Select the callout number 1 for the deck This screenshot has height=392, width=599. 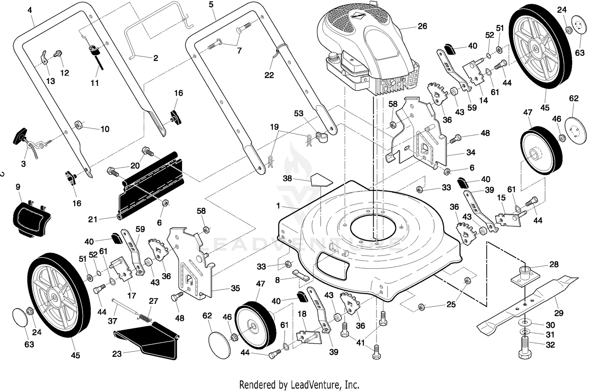[x=278, y=206]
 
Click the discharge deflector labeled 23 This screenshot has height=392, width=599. [x=147, y=341]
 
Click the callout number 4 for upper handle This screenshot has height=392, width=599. [x=30, y=10]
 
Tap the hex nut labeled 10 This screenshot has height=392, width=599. [x=79, y=125]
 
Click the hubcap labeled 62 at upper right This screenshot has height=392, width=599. [x=575, y=131]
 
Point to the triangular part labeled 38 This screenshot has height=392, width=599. [x=322, y=180]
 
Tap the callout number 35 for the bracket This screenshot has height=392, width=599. [x=236, y=289]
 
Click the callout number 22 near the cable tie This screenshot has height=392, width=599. [x=269, y=75]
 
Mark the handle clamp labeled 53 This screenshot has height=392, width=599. [x=322, y=137]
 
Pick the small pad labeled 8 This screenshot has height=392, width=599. [x=301, y=274]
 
